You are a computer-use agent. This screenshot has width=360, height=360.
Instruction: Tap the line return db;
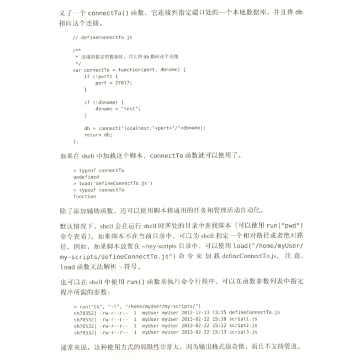pos(98,135)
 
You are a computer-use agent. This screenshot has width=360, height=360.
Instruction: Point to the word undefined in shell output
pos(86,177)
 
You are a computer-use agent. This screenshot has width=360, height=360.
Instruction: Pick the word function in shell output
pos(84,196)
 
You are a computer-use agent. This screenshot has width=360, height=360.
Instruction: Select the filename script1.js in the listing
pos(243,319)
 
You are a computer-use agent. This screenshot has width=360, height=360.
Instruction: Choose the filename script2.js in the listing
pos(243,325)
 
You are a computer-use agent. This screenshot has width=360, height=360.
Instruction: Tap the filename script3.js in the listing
pos(243,332)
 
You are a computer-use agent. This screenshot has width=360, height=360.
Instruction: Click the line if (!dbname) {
pos(104,102)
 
